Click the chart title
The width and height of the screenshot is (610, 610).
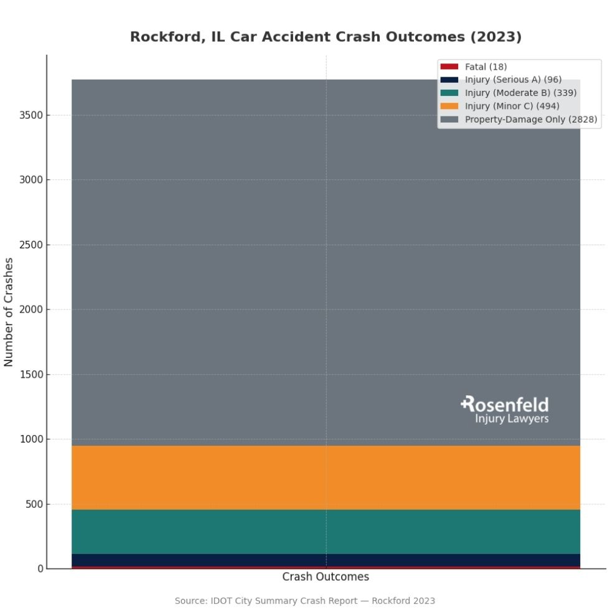pos(326,37)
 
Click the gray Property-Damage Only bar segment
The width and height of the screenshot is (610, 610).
pos(249,261)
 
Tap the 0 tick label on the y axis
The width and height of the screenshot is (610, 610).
pos(40,569)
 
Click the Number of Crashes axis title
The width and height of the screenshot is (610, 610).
pos(9,312)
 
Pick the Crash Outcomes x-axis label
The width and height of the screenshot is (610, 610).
pos(326,577)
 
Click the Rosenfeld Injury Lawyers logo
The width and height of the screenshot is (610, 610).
pos(505,410)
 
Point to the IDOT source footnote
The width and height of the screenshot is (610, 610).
pos(305,601)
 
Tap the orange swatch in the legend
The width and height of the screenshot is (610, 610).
pos(449,106)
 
